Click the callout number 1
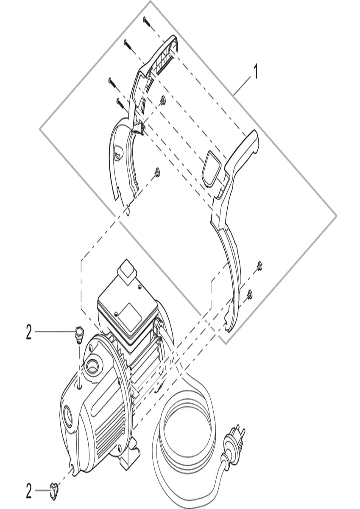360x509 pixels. point(255,71)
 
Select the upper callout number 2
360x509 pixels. point(28,332)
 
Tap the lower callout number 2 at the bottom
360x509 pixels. point(28,492)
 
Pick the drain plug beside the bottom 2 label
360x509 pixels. point(54,490)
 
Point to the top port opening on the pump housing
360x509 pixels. point(92,366)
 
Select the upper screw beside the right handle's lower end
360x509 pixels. point(260,266)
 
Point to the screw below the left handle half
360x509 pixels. point(157,171)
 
